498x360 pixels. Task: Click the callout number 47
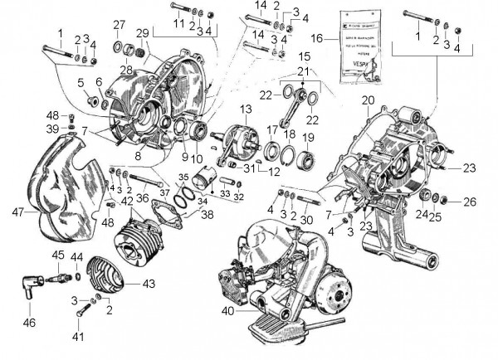click(x=17, y=212)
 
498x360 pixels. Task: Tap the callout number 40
click(x=227, y=312)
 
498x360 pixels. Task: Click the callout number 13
click(x=246, y=109)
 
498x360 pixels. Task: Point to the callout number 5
click(x=81, y=82)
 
